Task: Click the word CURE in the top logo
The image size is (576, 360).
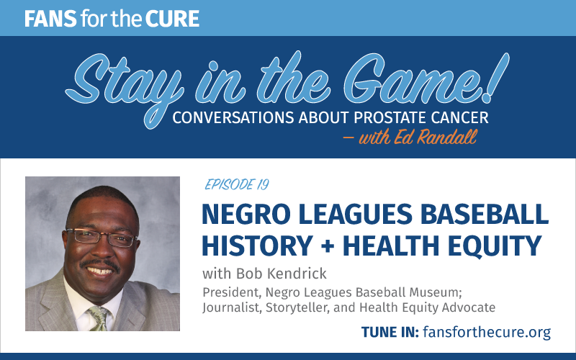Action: pyautogui.click(x=172, y=19)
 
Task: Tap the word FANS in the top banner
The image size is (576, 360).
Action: pyautogui.click(x=50, y=19)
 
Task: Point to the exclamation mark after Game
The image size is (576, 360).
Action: pyautogui.click(x=495, y=78)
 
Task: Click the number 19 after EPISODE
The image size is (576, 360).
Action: pyautogui.click(x=263, y=184)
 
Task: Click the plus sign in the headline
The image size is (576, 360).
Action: pyautogui.click(x=328, y=246)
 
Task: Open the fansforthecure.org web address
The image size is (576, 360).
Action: pyautogui.click(x=487, y=332)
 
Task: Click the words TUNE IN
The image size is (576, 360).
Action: pyautogui.click(x=390, y=332)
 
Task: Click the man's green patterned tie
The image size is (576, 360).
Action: pyautogui.click(x=97, y=318)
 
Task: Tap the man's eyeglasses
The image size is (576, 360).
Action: pyautogui.click(x=100, y=237)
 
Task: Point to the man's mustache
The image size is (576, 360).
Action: pyautogui.click(x=100, y=264)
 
